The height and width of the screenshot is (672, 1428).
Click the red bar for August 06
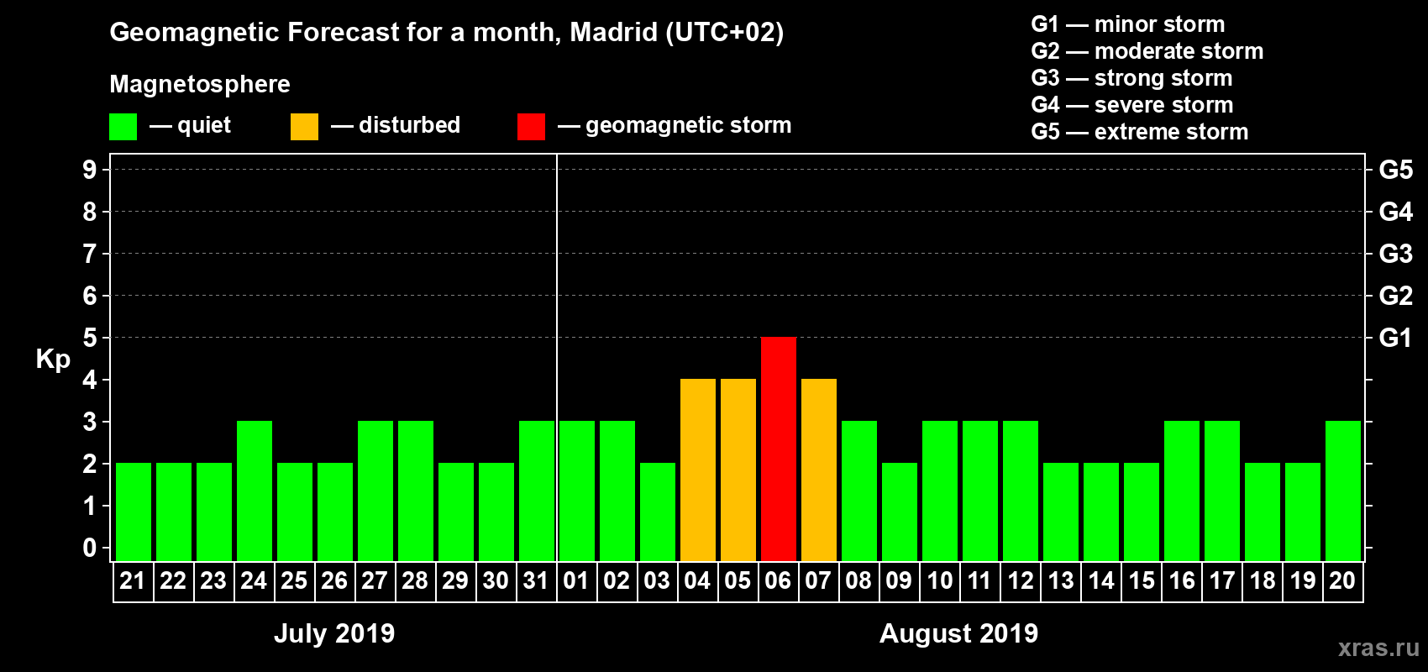[x=778, y=449]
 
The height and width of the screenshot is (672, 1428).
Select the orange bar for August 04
[x=697, y=470]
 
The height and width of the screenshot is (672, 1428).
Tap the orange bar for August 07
[x=818, y=470]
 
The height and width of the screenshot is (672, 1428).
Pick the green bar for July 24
[x=254, y=491]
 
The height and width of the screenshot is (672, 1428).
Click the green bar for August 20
[x=1342, y=491]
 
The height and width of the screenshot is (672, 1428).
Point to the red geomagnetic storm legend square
[x=531, y=127]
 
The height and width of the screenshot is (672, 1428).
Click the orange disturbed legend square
[x=304, y=127]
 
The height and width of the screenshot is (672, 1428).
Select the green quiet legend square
[x=123, y=127]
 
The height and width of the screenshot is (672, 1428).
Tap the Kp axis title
[x=53, y=359]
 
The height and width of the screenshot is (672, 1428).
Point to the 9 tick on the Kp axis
[x=90, y=170]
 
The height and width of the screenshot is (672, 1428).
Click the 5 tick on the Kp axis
[x=90, y=338]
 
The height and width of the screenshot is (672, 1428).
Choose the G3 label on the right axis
[x=1395, y=254]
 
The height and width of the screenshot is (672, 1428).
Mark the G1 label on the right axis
[x=1395, y=338]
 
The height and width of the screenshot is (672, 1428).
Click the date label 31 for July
[x=536, y=580]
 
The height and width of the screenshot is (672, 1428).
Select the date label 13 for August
[x=1060, y=580]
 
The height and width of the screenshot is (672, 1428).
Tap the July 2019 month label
[x=334, y=633]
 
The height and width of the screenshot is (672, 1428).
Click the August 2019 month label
[x=958, y=633]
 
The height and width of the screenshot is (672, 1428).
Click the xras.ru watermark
[x=1378, y=648]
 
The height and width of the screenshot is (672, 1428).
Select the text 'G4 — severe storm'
[x=1131, y=105]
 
